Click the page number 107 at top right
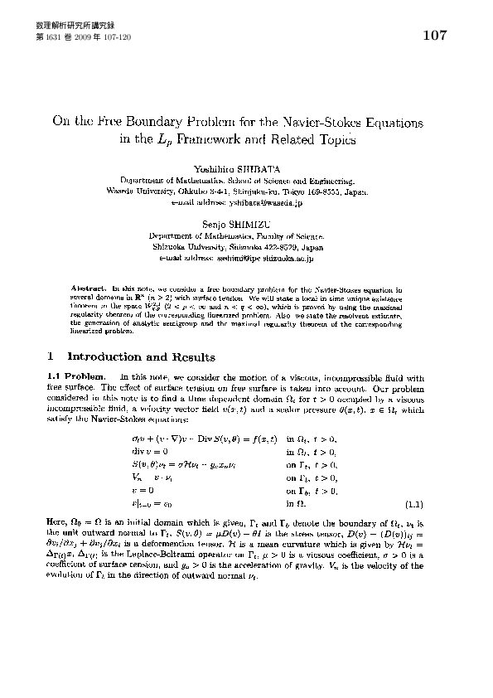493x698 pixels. (434, 36)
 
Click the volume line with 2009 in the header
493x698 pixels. (84, 38)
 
